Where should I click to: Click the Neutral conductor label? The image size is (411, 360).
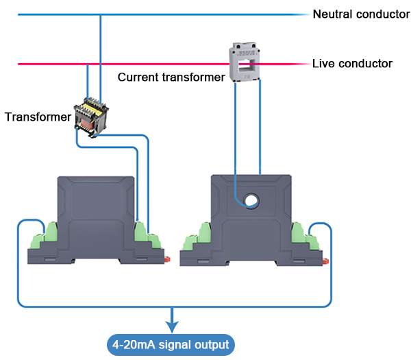click(x=361, y=14)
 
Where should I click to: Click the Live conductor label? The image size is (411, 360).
click(x=352, y=64)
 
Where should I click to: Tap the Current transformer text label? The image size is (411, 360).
click(x=171, y=77)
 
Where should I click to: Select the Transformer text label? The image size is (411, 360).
click(x=38, y=117)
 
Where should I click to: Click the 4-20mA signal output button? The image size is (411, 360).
click(x=171, y=343)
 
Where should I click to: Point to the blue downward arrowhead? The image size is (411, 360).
click(x=171, y=322)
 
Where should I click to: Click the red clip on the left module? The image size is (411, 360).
click(x=168, y=259)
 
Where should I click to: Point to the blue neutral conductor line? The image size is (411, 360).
click(x=206, y=14)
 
